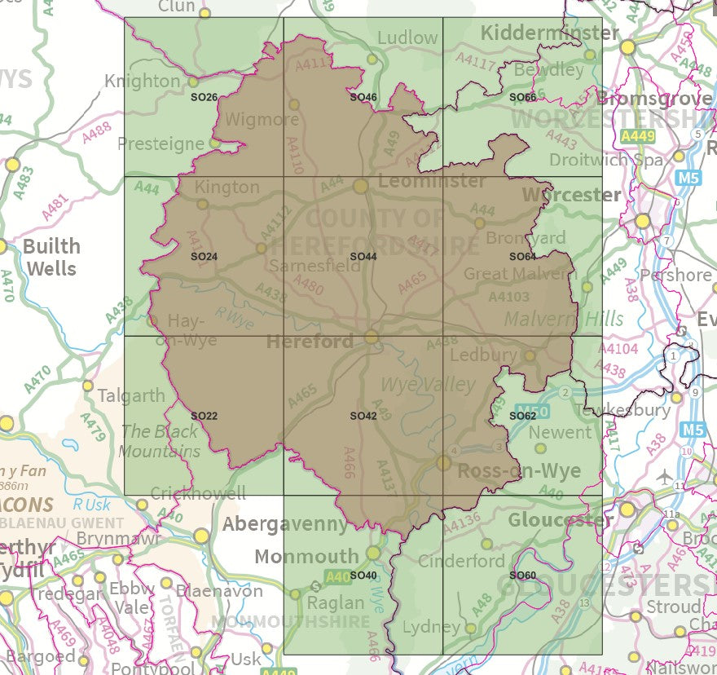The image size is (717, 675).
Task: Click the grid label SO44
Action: pyautogui.click(x=363, y=257)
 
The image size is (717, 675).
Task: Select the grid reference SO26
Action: pyautogui.click(x=204, y=98)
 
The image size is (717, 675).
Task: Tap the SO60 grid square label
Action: pyautogui.click(x=522, y=576)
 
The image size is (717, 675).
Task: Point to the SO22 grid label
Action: pyautogui.click(x=204, y=416)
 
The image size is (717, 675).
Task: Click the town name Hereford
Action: pyautogui.click(x=310, y=341)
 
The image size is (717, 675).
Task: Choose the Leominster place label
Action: pyautogui.click(x=431, y=180)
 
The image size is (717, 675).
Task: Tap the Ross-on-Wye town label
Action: pyautogui.click(x=519, y=471)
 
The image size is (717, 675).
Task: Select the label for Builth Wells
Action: pyautogui.click(x=51, y=257)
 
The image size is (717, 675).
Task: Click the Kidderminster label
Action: pyautogui.click(x=550, y=33)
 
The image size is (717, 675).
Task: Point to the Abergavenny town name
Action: pyautogui.click(x=285, y=523)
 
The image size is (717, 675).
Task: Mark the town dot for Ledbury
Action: pyautogui.click(x=530, y=355)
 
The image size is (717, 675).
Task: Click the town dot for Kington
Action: pyautogui.click(x=202, y=204)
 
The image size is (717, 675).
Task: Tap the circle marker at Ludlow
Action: pyautogui.click(x=372, y=59)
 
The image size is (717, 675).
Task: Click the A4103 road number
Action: pyautogui.click(x=508, y=298)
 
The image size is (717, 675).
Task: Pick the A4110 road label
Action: pyautogui.click(x=295, y=155)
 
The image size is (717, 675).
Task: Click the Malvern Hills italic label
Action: pyautogui.click(x=564, y=318)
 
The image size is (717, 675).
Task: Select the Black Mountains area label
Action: pyautogui.click(x=160, y=441)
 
